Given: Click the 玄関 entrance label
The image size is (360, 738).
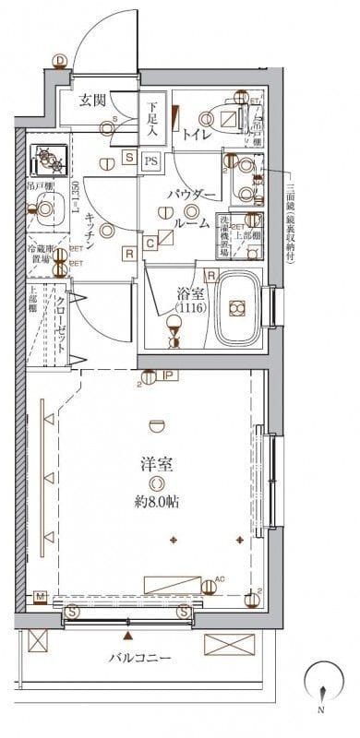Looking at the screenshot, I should [90, 101].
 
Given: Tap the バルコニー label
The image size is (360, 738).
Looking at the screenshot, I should [139, 658].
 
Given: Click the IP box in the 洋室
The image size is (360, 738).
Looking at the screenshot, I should [169, 375].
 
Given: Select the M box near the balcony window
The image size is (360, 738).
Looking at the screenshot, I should [40, 597].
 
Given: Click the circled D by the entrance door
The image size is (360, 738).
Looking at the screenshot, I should [60, 62].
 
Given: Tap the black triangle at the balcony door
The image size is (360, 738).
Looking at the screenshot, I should [126, 637].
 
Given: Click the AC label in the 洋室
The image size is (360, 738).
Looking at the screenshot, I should [219, 578].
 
